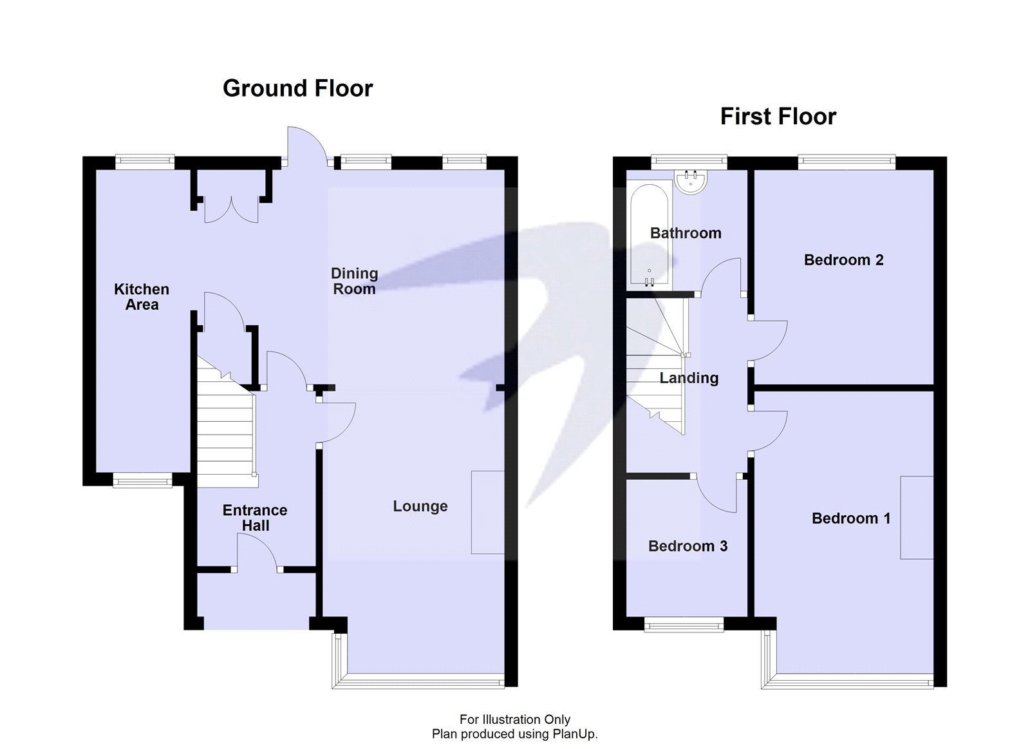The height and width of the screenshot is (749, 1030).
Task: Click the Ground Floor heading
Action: (x=297, y=88)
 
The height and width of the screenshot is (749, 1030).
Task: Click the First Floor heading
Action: (x=778, y=117)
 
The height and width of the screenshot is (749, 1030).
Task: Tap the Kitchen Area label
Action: (x=142, y=297)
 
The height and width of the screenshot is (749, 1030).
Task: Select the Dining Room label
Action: (x=354, y=281)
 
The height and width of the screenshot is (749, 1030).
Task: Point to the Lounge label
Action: (x=420, y=506)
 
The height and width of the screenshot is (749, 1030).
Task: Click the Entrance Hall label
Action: (x=255, y=518)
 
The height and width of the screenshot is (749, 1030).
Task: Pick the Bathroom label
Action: (x=686, y=233)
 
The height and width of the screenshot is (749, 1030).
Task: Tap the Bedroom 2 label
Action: (x=843, y=260)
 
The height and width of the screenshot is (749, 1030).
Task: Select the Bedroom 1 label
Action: (x=850, y=518)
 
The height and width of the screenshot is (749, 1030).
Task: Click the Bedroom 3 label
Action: (x=688, y=546)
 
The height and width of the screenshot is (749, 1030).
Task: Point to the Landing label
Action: (x=689, y=378)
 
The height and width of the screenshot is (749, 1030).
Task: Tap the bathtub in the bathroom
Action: (x=650, y=235)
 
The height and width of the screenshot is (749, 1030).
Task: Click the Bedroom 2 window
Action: (x=847, y=162)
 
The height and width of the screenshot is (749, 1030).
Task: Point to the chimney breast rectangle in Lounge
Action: (x=487, y=512)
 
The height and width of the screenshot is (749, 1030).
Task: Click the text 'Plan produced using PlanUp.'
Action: (x=514, y=734)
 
